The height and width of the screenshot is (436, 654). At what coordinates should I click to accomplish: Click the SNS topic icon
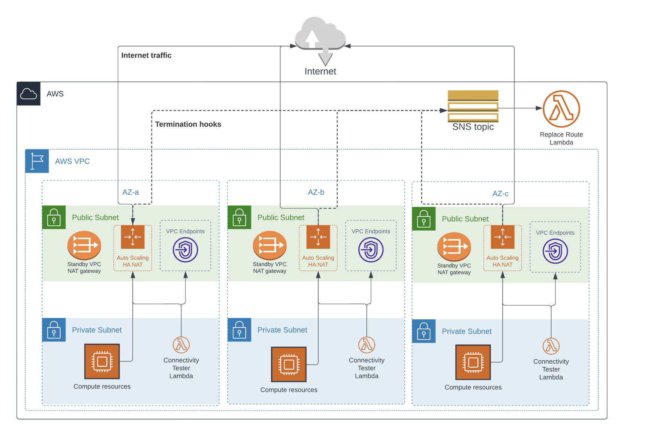(x=473, y=106)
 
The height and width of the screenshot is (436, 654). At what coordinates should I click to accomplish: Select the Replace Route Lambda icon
(x=561, y=109)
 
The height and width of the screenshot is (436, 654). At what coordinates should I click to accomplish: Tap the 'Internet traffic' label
(x=146, y=55)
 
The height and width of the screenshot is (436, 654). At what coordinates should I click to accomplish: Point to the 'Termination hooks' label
(x=188, y=124)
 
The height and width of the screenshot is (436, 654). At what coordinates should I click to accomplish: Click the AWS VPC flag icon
(x=37, y=161)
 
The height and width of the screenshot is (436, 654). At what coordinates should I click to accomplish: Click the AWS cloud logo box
(x=28, y=94)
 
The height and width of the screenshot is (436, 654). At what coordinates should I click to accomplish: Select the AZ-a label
(x=130, y=192)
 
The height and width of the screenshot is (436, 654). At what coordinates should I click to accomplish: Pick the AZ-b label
(x=316, y=192)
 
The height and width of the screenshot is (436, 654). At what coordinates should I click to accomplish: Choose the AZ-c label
(x=500, y=194)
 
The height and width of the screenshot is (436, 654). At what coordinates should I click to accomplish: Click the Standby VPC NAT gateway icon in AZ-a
(x=84, y=245)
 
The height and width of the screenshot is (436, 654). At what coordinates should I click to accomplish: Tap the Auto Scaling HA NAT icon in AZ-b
(x=318, y=237)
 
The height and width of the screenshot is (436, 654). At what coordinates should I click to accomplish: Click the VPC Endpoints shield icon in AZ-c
(x=555, y=251)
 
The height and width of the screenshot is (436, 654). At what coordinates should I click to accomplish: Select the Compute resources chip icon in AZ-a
(x=102, y=361)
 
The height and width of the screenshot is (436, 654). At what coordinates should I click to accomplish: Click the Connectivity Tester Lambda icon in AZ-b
(x=367, y=345)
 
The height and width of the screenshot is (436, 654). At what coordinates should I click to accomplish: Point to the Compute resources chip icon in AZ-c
(x=473, y=363)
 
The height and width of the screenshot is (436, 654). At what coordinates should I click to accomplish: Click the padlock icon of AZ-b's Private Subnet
(x=239, y=330)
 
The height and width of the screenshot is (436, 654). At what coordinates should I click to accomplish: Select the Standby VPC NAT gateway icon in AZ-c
(x=454, y=247)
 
